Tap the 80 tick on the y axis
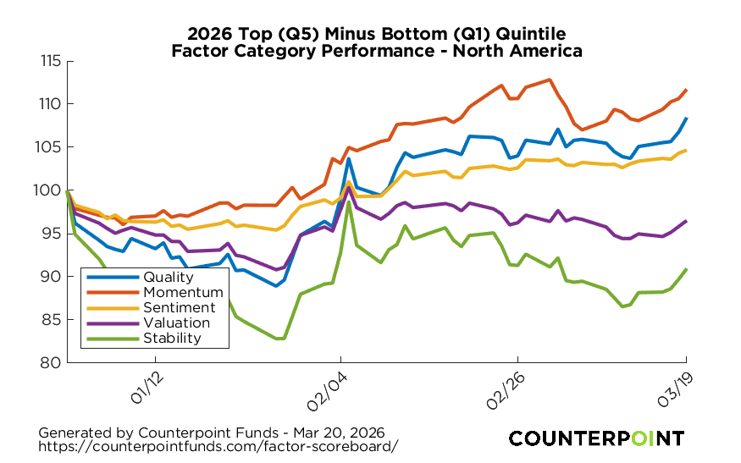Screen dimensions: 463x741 [x=52, y=362]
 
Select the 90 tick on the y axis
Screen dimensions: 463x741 [x=52, y=277]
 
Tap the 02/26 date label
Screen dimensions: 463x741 [x=506, y=385]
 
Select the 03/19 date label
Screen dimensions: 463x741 [x=674, y=385]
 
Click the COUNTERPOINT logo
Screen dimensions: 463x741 [x=596, y=438]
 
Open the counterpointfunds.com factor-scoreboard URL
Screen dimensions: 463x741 [x=218, y=445]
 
